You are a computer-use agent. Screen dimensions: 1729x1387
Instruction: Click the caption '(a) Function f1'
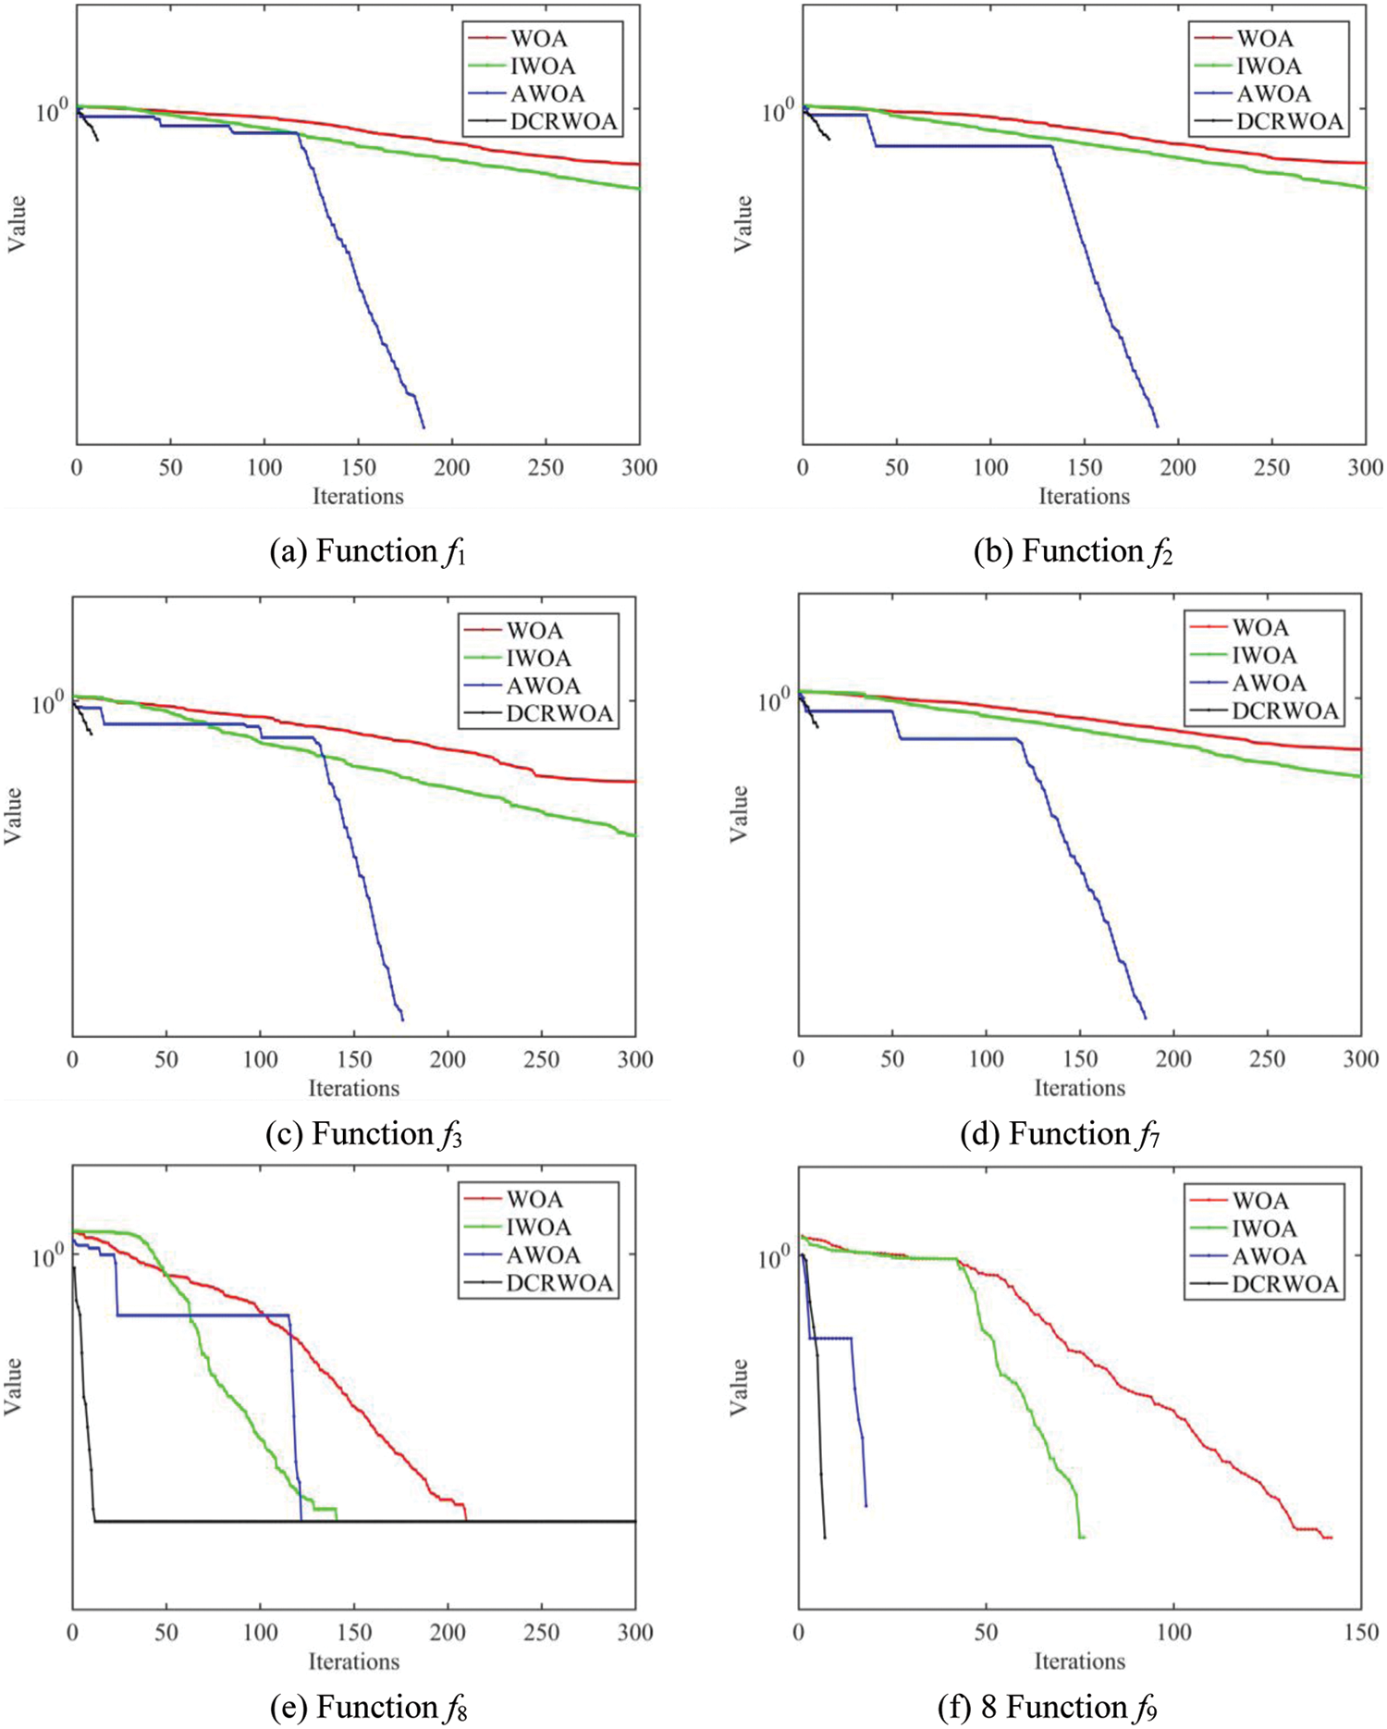368,551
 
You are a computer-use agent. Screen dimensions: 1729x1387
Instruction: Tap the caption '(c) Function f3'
363,1134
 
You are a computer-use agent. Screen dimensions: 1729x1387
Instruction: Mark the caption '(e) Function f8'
368,1707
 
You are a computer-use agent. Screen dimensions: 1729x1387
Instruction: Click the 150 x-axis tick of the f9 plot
1362,1633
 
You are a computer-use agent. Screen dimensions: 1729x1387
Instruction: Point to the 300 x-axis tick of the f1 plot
640,468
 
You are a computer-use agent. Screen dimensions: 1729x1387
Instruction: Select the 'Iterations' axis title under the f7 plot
1079,1088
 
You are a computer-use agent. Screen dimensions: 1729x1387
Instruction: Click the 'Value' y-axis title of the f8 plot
13,1385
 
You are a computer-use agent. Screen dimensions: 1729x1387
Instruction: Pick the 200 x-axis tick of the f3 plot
448,1060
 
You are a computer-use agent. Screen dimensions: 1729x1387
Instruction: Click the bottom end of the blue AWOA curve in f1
423,427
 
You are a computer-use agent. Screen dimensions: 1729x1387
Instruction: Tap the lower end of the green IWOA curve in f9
1082,1538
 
